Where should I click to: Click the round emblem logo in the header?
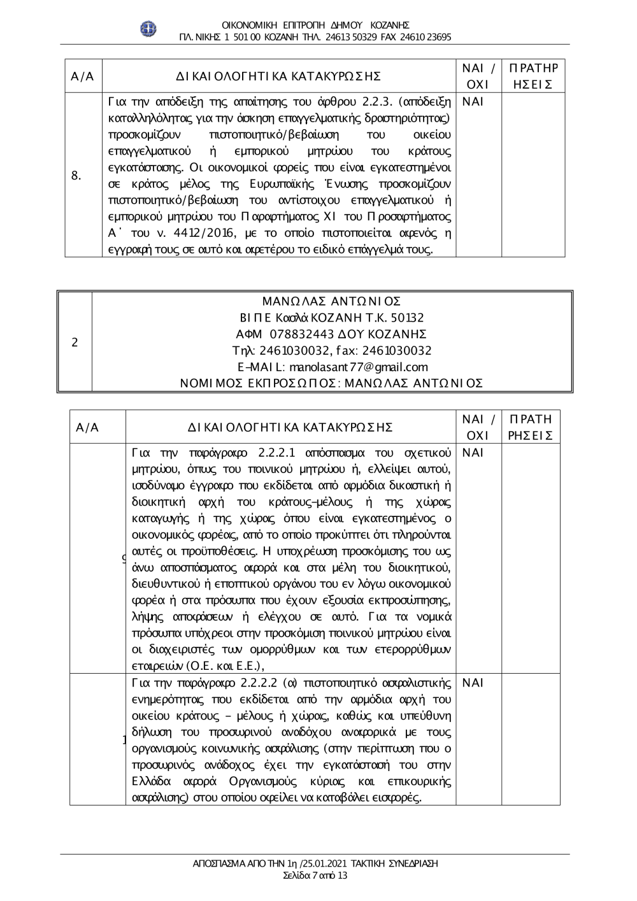(148, 29)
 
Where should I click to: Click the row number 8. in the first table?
(76, 176)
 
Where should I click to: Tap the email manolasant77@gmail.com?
(358, 367)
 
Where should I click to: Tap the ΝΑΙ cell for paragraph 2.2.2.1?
(473, 453)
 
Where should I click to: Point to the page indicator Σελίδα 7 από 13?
(315, 875)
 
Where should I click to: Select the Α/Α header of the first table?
(83, 77)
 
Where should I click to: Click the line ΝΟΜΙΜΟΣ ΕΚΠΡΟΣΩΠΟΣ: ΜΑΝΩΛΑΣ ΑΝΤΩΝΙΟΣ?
(332, 383)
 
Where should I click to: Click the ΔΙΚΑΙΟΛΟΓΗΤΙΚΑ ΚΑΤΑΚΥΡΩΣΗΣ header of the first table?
(279, 77)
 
